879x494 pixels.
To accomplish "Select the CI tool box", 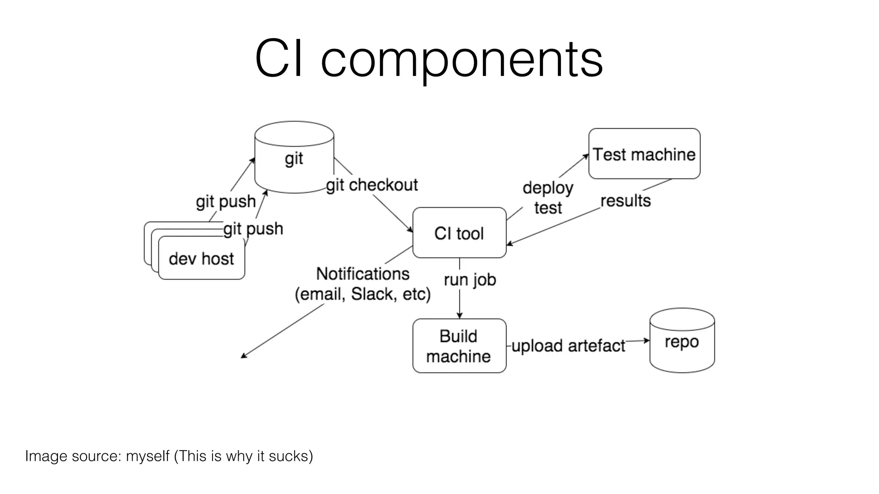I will coord(459,233).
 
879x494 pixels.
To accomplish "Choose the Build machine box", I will coord(459,346).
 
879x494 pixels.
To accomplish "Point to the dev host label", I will coord(201,259).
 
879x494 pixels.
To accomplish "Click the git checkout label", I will coord(372,185).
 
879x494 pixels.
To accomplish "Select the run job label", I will coord(470,280).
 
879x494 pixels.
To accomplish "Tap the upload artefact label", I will coord(568,346).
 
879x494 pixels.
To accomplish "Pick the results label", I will coord(625,200).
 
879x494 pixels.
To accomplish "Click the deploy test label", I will coord(548,198).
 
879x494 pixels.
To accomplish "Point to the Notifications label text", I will coord(363,274).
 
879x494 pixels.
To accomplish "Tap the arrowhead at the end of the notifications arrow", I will coord(243,356).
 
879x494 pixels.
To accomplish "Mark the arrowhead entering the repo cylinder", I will coord(647,340).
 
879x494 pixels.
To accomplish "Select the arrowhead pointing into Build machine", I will coord(459,316).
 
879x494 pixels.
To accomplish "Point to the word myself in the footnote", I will coord(148,455).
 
